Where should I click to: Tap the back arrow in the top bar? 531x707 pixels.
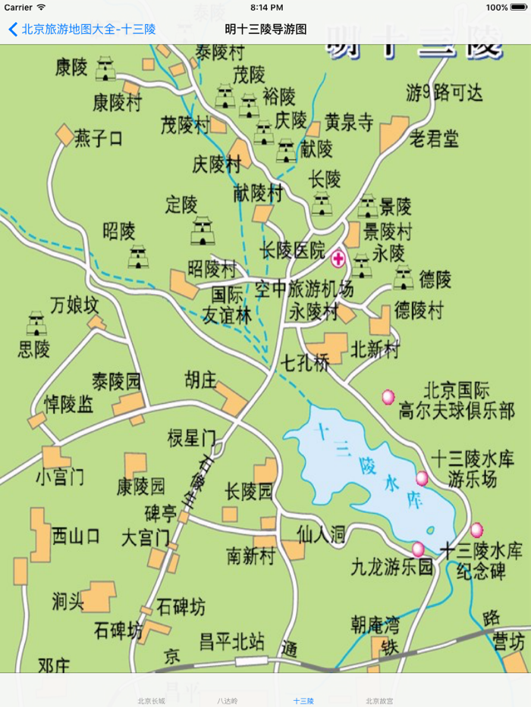(x=12, y=30)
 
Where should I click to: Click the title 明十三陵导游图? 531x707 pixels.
(x=265, y=30)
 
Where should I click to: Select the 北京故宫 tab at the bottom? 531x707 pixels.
(x=379, y=701)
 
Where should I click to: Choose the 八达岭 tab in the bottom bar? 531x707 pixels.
(x=227, y=701)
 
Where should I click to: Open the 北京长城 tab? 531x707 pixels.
(x=151, y=701)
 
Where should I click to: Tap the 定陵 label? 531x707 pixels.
(x=181, y=205)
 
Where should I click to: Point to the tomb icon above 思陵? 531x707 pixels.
(x=36, y=324)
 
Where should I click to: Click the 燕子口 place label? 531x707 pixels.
(x=99, y=139)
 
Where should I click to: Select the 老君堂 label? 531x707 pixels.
(x=434, y=139)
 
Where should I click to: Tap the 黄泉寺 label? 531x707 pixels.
(x=349, y=121)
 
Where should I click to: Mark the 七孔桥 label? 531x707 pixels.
(x=305, y=362)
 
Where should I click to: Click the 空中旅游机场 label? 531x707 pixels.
(x=304, y=289)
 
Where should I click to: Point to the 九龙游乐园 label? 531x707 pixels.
(x=391, y=566)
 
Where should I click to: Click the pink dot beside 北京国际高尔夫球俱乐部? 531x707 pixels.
(x=388, y=396)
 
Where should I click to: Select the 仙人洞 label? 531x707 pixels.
(x=321, y=534)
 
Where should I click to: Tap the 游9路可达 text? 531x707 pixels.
(x=444, y=93)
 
